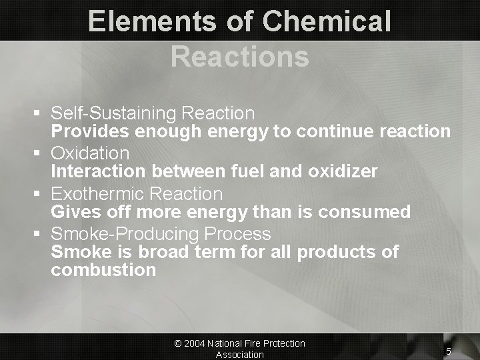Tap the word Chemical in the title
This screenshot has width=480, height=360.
[327, 21]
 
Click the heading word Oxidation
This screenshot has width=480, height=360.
[90, 153]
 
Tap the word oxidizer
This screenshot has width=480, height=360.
[343, 171]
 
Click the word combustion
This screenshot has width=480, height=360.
[103, 270]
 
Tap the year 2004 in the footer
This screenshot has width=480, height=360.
[195, 343]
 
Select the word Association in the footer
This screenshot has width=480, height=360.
[239, 355]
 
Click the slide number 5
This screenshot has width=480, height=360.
[449, 351]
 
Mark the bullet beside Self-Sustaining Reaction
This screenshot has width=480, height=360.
[41, 114]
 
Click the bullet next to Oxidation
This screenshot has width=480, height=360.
[41, 154]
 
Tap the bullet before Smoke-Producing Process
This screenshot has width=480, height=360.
[41, 235]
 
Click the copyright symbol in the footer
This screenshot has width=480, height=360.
[178, 343]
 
